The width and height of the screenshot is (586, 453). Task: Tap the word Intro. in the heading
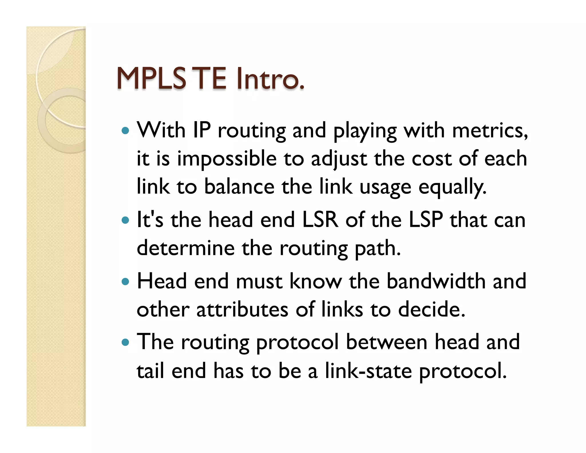(x=270, y=78)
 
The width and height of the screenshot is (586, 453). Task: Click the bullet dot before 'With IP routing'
(x=125, y=131)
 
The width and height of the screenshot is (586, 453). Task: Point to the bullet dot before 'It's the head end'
(x=125, y=220)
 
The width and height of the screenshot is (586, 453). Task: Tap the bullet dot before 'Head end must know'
(x=125, y=282)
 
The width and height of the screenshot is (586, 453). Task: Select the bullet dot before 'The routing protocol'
(x=125, y=342)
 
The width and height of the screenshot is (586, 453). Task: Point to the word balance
(x=239, y=187)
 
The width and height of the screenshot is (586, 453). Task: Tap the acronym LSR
(x=320, y=220)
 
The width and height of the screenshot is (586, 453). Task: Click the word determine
(x=186, y=248)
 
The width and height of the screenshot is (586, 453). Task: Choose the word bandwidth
(x=436, y=281)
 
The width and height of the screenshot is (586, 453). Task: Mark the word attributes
(x=242, y=310)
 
